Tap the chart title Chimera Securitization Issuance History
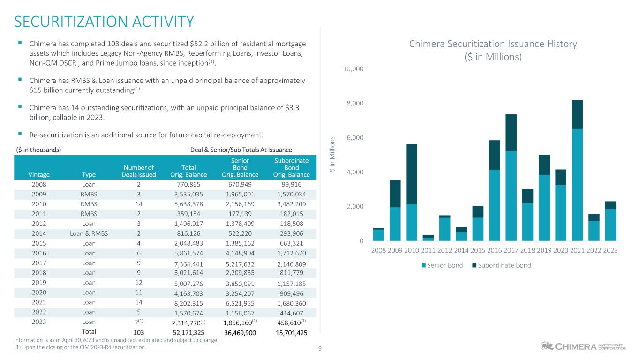point(493,44)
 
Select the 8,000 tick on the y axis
point(354,103)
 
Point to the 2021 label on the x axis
point(577,250)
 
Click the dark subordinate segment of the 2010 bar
point(412,173)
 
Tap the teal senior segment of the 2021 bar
point(577,185)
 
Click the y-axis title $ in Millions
point(332,154)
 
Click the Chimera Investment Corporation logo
point(583,346)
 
